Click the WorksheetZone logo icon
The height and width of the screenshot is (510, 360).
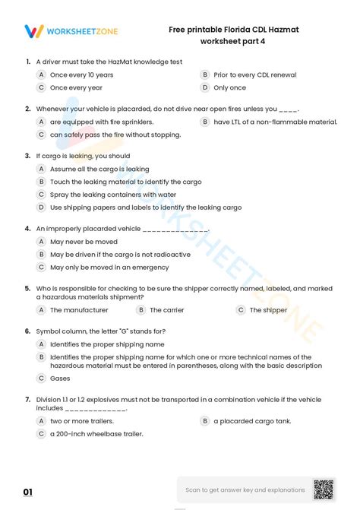(x=34, y=31)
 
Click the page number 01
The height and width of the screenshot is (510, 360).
(x=28, y=493)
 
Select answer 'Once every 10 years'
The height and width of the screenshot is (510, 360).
(x=81, y=75)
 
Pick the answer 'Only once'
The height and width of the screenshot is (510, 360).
(x=229, y=88)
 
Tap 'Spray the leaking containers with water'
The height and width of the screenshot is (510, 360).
(x=113, y=195)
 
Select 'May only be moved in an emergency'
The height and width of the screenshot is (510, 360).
(x=109, y=268)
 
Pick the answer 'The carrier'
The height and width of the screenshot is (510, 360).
(x=166, y=310)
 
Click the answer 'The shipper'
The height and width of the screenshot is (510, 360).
(x=268, y=310)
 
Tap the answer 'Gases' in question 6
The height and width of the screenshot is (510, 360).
(x=60, y=378)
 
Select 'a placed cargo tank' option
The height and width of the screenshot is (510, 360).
(x=251, y=421)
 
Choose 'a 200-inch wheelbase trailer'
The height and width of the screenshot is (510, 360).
(x=96, y=434)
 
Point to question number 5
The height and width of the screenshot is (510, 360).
(x=27, y=289)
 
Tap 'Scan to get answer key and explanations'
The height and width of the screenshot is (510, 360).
(x=245, y=490)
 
